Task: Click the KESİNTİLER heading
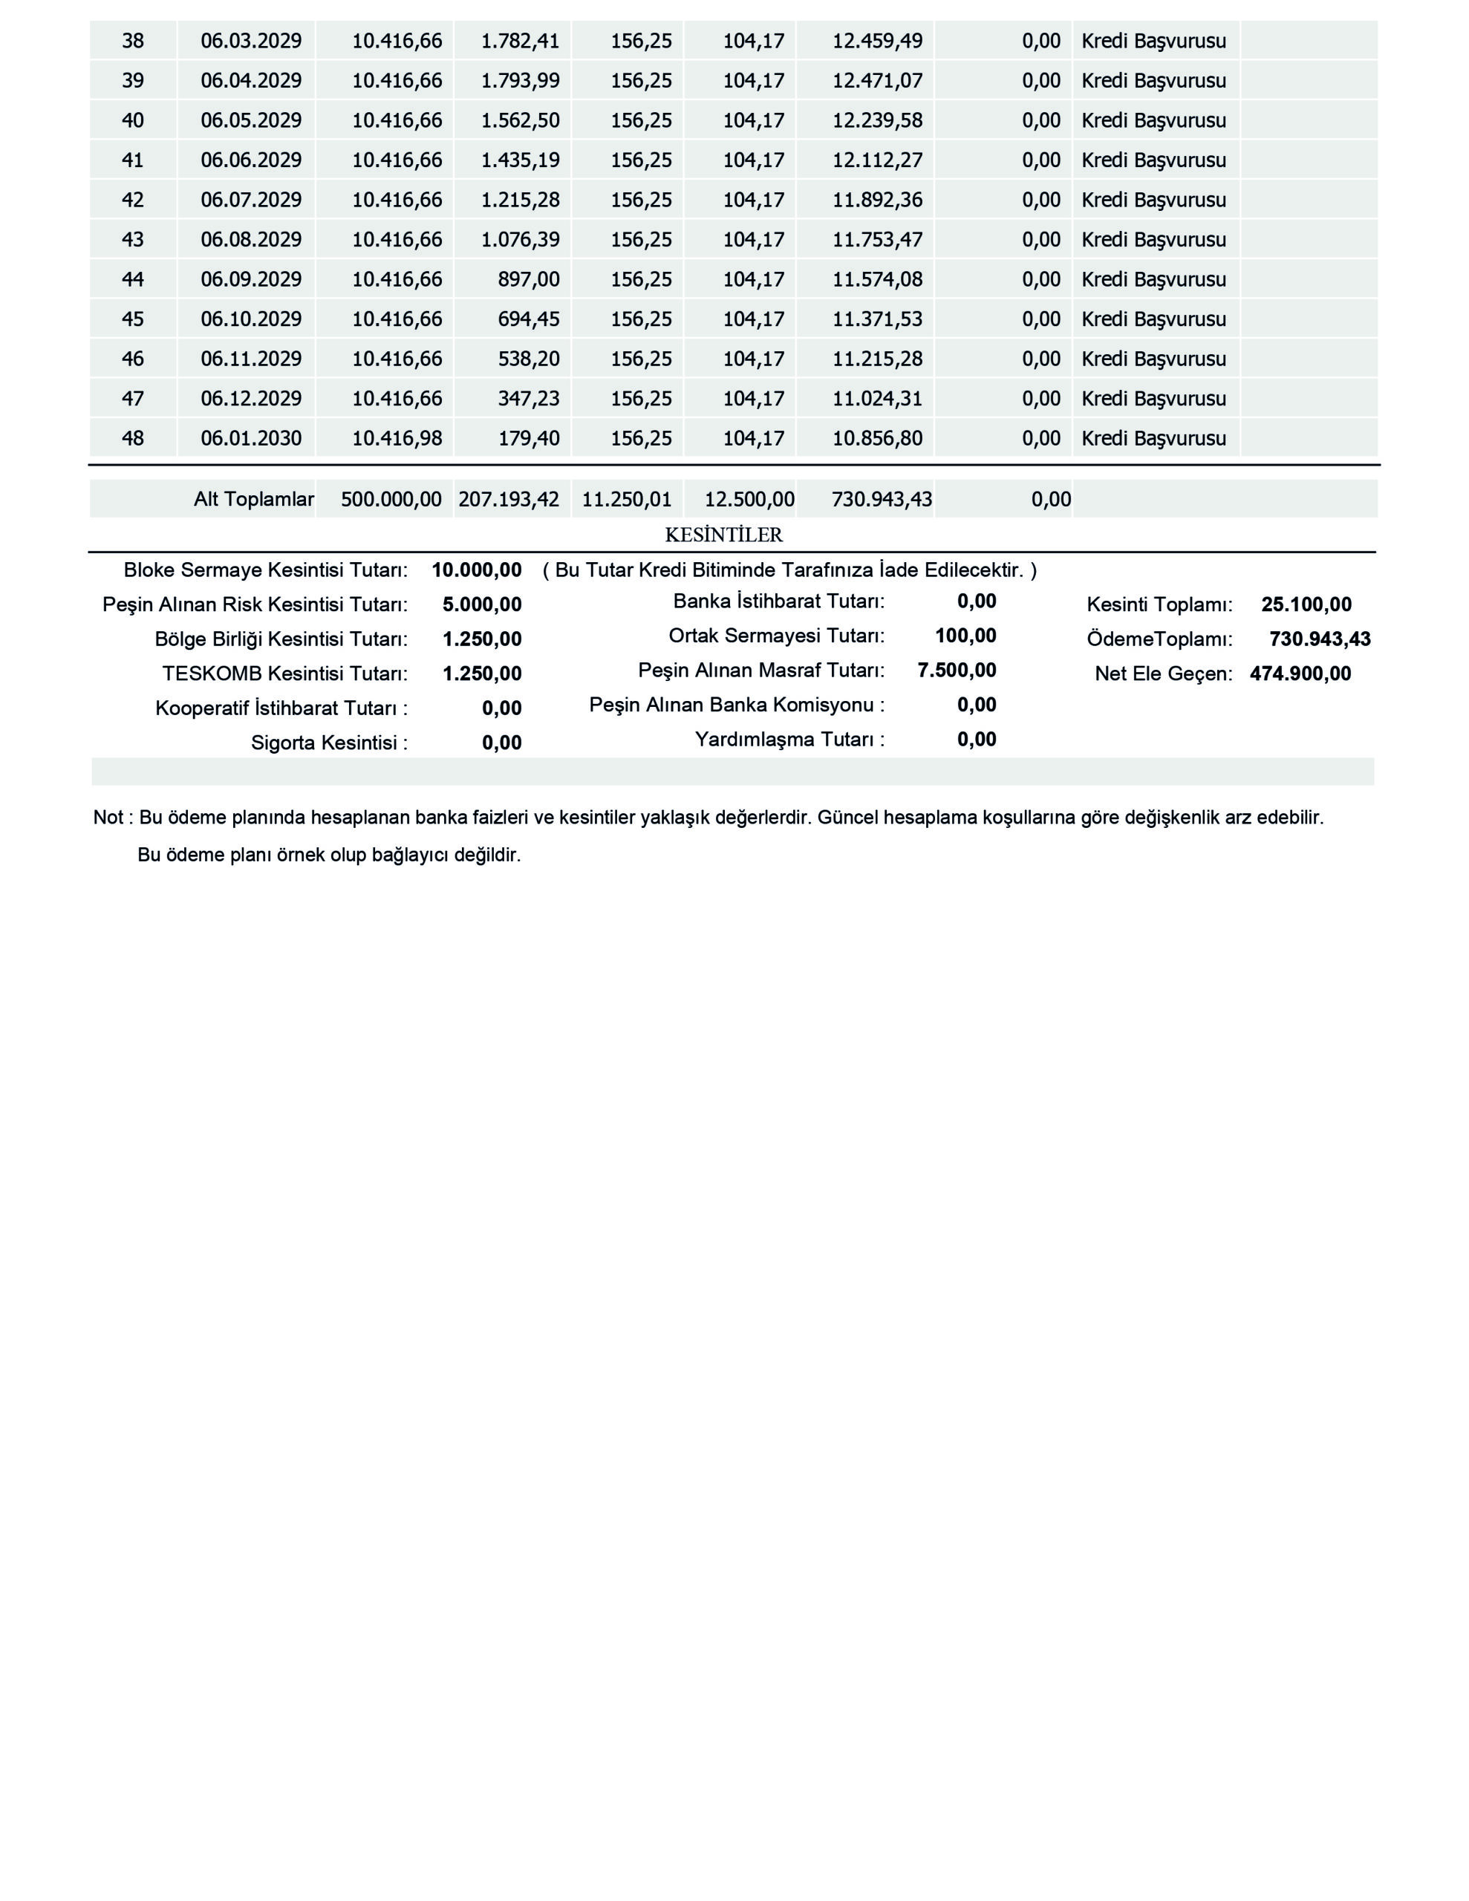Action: [723, 535]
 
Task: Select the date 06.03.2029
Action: [251, 41]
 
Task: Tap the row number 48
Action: [132, 438]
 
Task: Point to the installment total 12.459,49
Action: [877, 41]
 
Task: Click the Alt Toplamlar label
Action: [253, 500]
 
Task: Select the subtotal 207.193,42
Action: [509, 500]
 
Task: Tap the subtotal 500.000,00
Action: [391, 500]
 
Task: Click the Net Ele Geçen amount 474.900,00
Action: [1300, 674]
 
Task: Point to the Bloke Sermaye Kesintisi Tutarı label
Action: [266, 571]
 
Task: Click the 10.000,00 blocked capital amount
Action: [476, 571]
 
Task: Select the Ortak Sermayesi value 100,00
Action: [965, 636]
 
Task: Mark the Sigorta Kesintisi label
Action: [329, 743]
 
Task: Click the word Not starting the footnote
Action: [108, 818]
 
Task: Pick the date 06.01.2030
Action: [251, 438]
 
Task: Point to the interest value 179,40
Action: [529, 438]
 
